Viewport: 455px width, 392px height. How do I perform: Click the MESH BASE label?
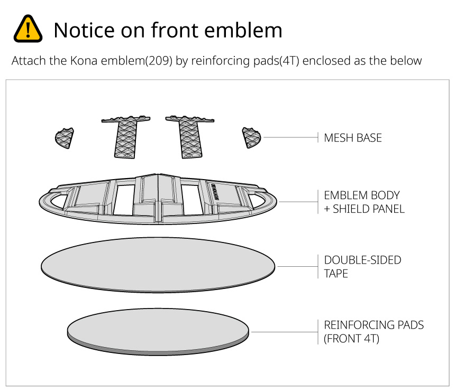click(x=353, y=138)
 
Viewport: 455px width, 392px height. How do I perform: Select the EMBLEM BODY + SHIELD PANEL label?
click(x=364, y=202)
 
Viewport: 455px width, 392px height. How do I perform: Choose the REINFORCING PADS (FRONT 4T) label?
click(x=374, y=332)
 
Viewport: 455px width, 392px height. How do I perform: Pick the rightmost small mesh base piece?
click(x=251, y=137)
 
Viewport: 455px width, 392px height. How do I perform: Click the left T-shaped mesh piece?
click(x=125, y=137)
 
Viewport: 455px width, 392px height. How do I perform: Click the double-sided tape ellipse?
click(x=158, y=263)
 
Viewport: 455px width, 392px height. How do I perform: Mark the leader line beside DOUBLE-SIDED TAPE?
click(x=296, y=266)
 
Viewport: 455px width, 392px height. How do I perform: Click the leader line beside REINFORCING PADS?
click(x=284, y=332)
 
